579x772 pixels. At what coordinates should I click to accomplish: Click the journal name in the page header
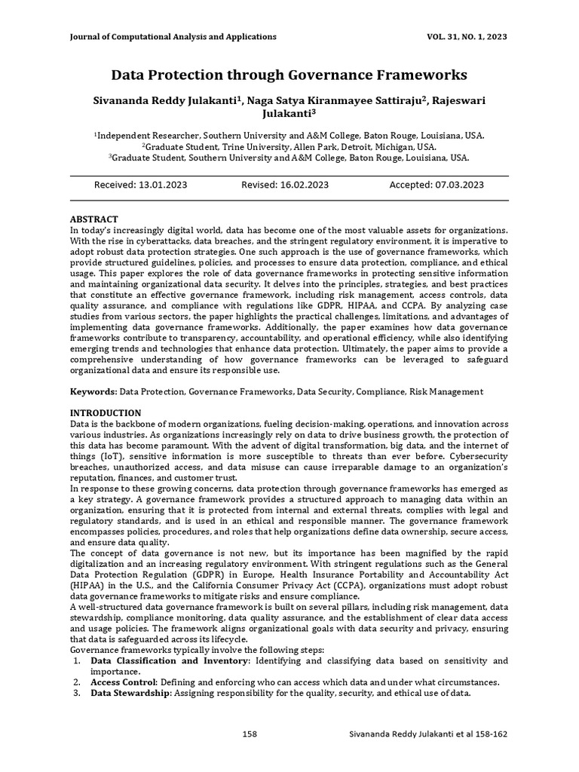(173, 36)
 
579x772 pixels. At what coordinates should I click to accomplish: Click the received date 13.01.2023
(161, 185)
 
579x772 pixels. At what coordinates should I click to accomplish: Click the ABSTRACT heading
(94, 219)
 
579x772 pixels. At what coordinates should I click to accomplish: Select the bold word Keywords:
(94, 392)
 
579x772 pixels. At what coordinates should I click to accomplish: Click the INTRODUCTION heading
(106, 413)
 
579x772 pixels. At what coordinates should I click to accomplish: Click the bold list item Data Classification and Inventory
(170, 660)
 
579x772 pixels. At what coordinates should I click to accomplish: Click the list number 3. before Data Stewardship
(77, 693)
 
